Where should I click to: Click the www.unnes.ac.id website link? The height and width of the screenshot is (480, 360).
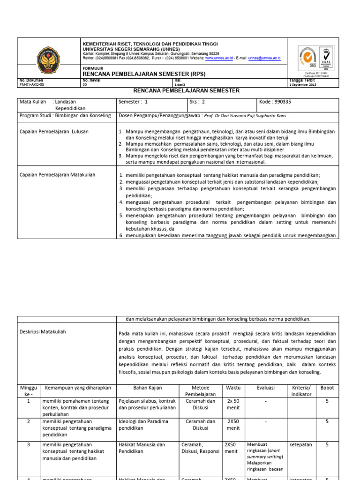219,58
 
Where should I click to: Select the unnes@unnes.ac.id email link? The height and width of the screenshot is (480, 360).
264,58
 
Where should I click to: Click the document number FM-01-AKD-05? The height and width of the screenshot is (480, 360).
31,85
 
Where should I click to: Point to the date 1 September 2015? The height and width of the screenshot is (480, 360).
303,85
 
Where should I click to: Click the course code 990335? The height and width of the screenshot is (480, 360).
271,101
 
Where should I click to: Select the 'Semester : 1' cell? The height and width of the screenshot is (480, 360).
134,101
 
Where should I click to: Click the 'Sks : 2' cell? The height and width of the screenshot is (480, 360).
197,101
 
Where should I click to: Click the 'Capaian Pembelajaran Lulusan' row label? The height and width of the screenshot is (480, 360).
54,132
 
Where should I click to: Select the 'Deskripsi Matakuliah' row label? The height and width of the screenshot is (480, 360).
43,332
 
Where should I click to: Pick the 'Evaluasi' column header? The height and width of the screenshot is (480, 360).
265,388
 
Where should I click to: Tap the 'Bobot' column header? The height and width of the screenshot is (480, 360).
327,388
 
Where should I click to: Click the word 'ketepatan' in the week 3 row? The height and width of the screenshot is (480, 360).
301,444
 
